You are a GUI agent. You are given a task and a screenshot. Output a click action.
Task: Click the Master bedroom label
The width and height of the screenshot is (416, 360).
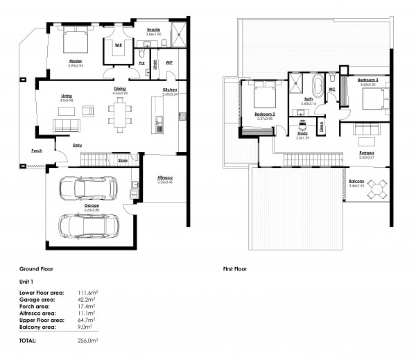pos(76,61)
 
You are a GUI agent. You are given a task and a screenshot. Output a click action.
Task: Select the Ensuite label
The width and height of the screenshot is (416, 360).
pos(154,30)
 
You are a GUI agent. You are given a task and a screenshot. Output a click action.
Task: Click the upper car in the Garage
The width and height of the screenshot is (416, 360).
pos(87,187)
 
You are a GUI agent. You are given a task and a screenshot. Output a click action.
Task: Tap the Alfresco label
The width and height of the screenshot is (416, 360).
pos(164,178)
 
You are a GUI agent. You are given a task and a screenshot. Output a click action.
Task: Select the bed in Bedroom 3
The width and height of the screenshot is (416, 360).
pos(371,100)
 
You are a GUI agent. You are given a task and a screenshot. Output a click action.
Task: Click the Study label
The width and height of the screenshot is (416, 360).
pos(302,133)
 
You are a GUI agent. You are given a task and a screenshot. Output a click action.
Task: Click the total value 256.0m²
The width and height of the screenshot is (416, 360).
pos(87,341)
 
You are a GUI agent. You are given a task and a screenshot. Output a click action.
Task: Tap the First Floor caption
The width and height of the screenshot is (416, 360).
pos(236,268)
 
